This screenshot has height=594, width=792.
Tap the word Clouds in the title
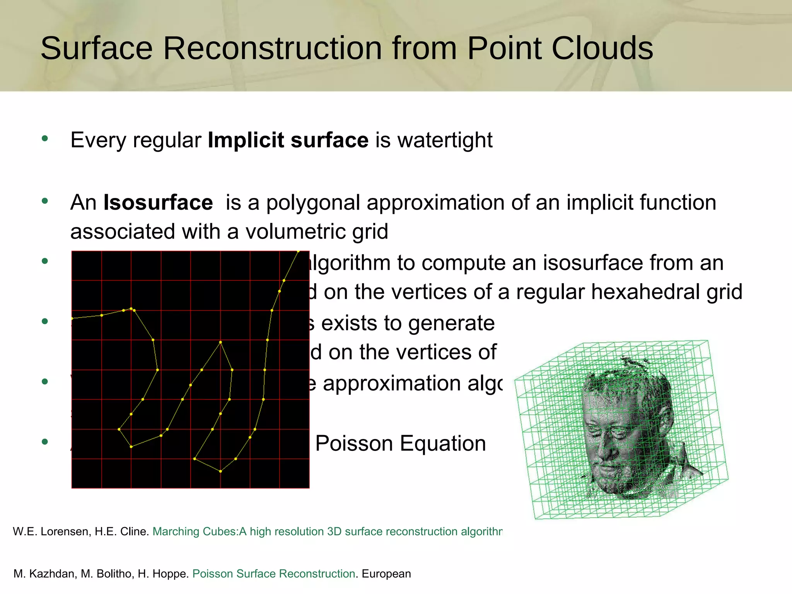pyautogui.click(x=602, y=48)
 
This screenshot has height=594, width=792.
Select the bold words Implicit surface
pyautogui.click(x=288, y=140)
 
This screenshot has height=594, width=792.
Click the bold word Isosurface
pyautogui.click(x=158, y=203)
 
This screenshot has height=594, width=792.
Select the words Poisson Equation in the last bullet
pyautogui.click(x=400, y=443)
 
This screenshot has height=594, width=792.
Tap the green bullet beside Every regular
pyautogui.click(x=45, y=138)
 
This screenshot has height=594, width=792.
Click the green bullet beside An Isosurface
pyautogui.click(x=45, y=201)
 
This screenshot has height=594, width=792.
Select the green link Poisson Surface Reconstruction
pyautogui.click(x=273, y=574)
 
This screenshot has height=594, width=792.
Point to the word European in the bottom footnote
pyautogui.click(x=386, y=574)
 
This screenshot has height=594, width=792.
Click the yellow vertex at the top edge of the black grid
pyautogui.click(x=298, y=251)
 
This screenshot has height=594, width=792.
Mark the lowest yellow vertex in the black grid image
pyautogui.click(x=220, y=471)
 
